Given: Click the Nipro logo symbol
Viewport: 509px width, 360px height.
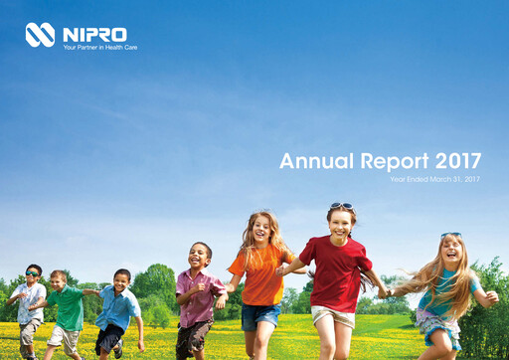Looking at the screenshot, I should (x=40, y=35).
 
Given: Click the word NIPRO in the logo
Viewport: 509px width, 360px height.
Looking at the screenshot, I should (x=95, y=34).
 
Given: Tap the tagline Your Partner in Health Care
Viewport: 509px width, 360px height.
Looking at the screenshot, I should (x=99, y=48).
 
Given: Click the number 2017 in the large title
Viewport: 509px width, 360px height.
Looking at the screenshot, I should (x=459, y=161).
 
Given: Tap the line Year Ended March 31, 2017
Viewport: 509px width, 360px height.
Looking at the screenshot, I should (x=434, y=179).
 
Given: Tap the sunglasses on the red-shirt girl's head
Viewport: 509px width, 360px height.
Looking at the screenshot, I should (x=341, y=206).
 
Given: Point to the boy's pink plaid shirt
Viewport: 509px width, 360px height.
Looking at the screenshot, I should (x=198, y=295).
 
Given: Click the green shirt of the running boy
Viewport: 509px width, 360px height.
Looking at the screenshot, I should (x=70, y=307).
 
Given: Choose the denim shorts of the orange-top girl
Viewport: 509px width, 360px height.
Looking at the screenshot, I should (x=260, y=316).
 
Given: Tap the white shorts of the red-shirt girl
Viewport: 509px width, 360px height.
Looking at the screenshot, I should (x=331, y=317).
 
